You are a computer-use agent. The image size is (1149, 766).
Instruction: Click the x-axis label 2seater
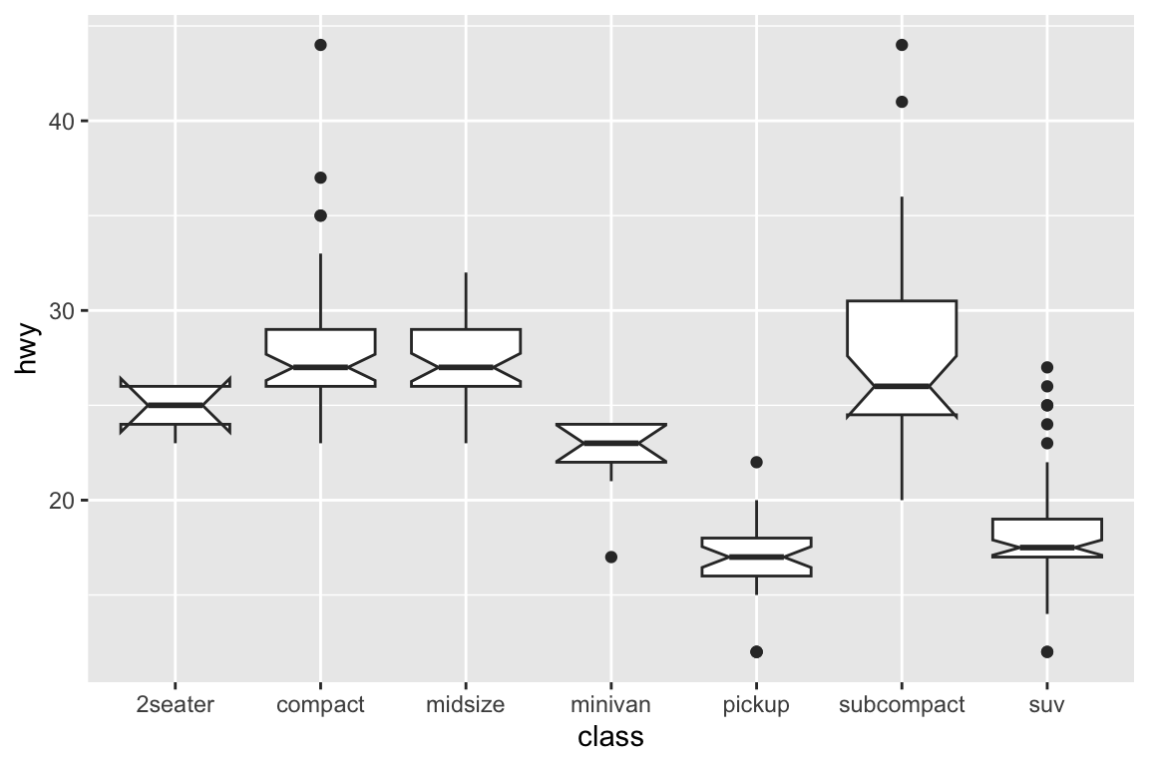point(176,704)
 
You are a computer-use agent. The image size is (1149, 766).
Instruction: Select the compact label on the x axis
point(320,706)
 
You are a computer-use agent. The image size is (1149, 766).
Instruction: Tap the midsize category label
point(466,704)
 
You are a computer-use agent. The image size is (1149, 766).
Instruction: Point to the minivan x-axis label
point(610,704)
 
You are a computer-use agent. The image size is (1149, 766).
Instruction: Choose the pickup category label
point(756,706)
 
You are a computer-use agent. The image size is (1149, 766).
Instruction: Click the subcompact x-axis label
point(902,706)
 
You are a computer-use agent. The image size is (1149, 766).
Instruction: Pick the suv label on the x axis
point(1047,706)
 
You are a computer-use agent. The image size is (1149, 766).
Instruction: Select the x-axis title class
point(610,737)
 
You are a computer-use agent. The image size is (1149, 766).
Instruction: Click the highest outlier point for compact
point(320,45)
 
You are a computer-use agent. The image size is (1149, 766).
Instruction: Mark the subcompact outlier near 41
point(902,102)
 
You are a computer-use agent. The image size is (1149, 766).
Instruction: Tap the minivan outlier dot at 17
point(611,558)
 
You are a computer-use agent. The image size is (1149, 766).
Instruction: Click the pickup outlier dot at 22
point(756,463)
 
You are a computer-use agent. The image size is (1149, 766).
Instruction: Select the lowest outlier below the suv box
point(1047,651)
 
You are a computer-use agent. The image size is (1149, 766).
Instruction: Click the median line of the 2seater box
point(176,405)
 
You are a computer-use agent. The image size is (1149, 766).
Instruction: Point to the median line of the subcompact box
point(902,386)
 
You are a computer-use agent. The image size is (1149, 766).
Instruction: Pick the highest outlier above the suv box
point(1047,367)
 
